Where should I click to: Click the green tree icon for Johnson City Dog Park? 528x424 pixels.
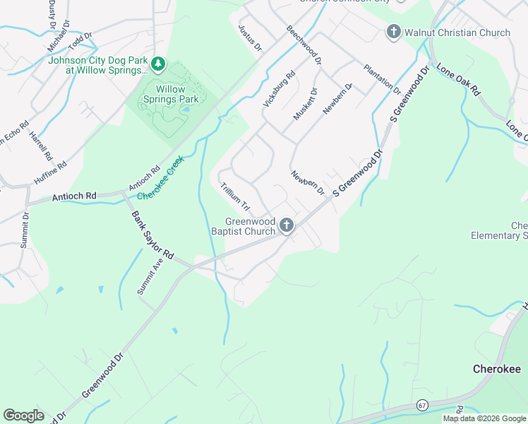159,65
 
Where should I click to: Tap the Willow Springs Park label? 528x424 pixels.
170,94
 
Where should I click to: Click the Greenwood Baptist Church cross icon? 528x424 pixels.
286,225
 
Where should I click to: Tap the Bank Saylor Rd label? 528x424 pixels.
152,234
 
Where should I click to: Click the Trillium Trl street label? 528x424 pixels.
236,197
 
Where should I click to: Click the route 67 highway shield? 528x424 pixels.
422,405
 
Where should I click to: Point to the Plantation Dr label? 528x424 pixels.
382,79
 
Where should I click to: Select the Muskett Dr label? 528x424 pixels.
306,104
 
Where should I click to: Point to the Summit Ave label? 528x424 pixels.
148,276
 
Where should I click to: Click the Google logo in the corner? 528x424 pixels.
23,415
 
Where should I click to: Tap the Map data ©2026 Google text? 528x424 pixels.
484,418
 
